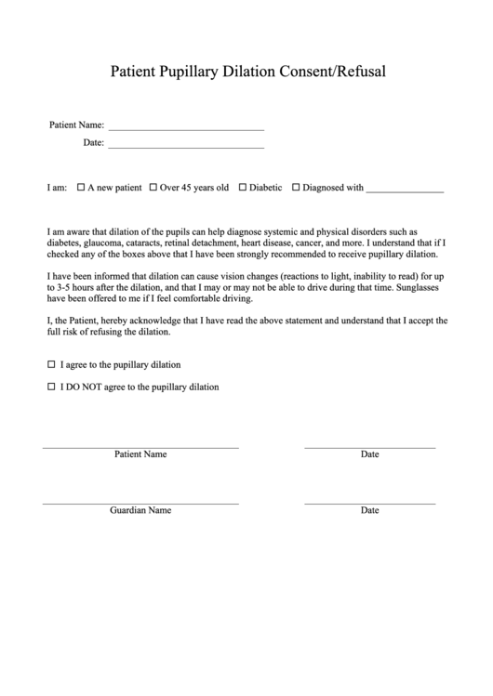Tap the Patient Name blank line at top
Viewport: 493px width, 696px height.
tap(186, 127)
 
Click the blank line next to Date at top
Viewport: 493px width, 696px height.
tap(186, 146)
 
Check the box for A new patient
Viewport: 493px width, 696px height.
tap(81, 188)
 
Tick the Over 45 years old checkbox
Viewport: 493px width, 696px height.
tap(153, 188)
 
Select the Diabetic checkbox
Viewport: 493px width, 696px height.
tap(243, 188)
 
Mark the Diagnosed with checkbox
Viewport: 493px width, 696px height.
tap(296, 188)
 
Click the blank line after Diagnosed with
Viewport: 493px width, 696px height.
tap(405, 190)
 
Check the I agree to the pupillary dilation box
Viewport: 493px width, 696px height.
tap(51, 364)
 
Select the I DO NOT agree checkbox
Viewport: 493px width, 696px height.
tap(51, 387)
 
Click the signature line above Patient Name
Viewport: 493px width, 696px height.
tap(140, 447)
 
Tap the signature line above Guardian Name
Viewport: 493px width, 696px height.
tap(140, 503)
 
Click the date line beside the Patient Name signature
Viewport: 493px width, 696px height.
tap(369, 447)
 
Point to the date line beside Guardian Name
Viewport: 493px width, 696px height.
tap(369, 503)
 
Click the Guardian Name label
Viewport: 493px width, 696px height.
tap(140, 511)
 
